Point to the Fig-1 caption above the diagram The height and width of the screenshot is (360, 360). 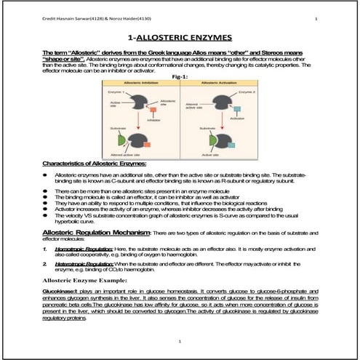[x=180, y=76]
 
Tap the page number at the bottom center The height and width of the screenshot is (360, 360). [x=180, y=340]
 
